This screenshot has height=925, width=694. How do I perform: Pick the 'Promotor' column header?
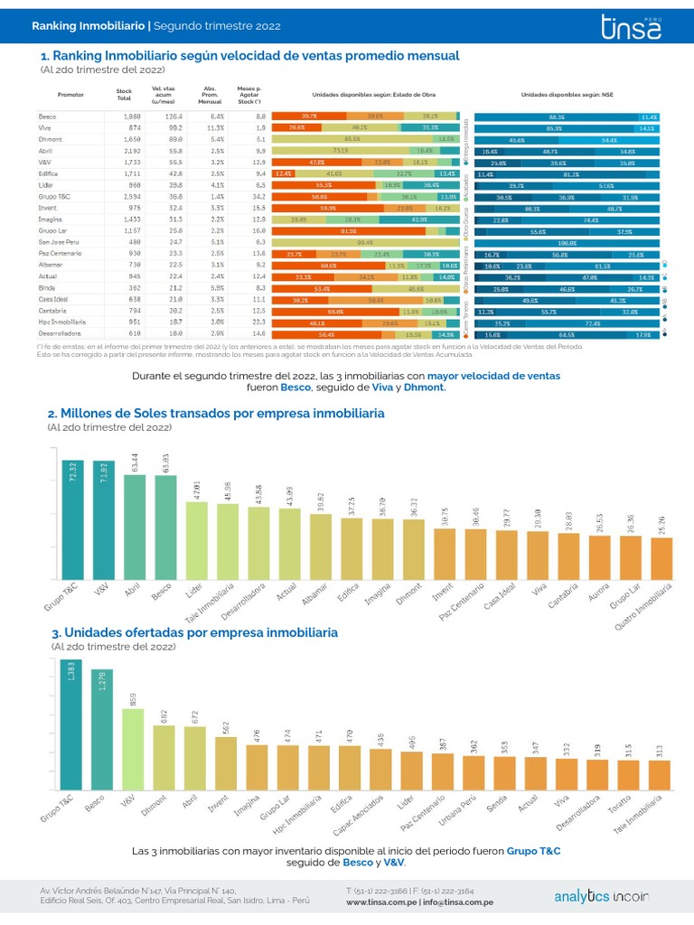70,95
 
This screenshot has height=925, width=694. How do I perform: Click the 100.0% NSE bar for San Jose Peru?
567,242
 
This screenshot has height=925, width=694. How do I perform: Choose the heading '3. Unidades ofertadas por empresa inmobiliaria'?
194,632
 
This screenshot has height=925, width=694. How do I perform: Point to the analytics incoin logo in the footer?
600,896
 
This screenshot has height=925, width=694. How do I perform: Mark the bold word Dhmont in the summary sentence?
425,387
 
